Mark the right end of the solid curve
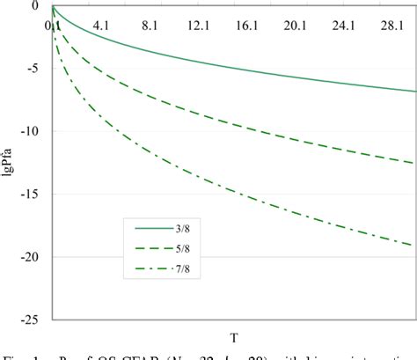point(414,92)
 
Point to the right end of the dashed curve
point(414,163)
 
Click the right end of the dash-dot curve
point(414,246)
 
